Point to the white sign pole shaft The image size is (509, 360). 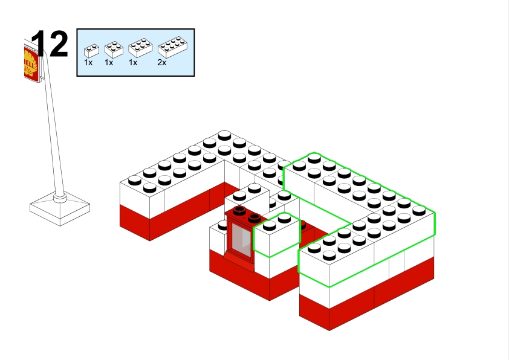point(52,133)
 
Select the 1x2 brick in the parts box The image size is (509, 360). point(91,50)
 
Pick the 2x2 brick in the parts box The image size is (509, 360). point(113,48)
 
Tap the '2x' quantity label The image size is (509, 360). point(161,62)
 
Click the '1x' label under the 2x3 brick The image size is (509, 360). point(133,62)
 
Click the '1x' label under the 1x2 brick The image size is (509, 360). point(88,62)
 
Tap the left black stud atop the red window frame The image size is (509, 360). point(241,211)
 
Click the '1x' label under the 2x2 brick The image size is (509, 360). point(109,62)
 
